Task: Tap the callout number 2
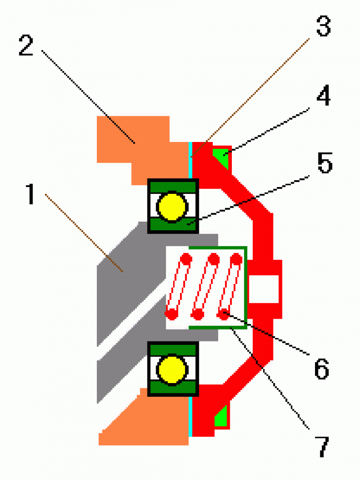tap(27, 45)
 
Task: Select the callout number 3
tap(322, 26)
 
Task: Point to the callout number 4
tap(324, 97)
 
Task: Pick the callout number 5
tap(324, 164)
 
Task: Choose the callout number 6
tap(322, 368)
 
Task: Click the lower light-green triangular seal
tap(222, 417)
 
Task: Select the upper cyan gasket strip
tap(190, 159)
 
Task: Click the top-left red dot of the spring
tap(186, 259)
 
